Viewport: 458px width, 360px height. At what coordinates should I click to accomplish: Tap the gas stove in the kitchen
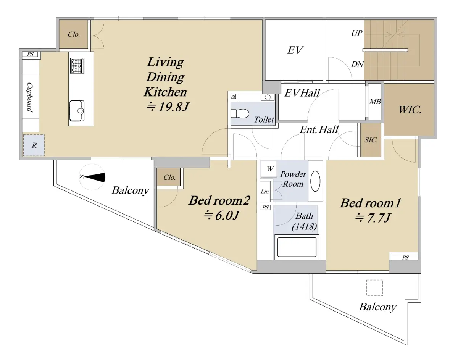[77, 66]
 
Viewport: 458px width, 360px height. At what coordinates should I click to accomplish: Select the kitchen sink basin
[77, 111]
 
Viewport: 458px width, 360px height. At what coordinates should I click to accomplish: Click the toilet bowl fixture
[240, 113]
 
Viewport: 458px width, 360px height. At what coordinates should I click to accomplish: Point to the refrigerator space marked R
[34, 145]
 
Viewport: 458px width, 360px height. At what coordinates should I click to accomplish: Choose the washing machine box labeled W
[269, 169]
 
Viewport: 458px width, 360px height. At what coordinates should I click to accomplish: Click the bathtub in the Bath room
[297, 247]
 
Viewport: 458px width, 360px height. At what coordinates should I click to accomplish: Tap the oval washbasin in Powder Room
[316, 181]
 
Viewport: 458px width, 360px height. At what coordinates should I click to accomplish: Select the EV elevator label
[295, 50]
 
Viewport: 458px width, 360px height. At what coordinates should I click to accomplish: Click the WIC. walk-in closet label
[410, 110]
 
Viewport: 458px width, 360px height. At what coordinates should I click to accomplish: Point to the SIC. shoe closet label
[371, 140]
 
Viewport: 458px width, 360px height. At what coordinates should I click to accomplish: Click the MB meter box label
[375, 102]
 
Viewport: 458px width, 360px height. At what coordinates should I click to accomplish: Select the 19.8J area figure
[168, 107]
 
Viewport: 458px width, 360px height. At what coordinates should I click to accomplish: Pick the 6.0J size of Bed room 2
[222, 215]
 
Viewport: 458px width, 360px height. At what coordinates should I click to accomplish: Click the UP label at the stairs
[356, 33]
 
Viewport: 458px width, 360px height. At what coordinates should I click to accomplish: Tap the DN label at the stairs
[357, 64]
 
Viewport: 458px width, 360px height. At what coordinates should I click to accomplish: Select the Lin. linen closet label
[265, 192]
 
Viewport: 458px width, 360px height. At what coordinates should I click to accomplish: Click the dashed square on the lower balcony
[375, 288]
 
